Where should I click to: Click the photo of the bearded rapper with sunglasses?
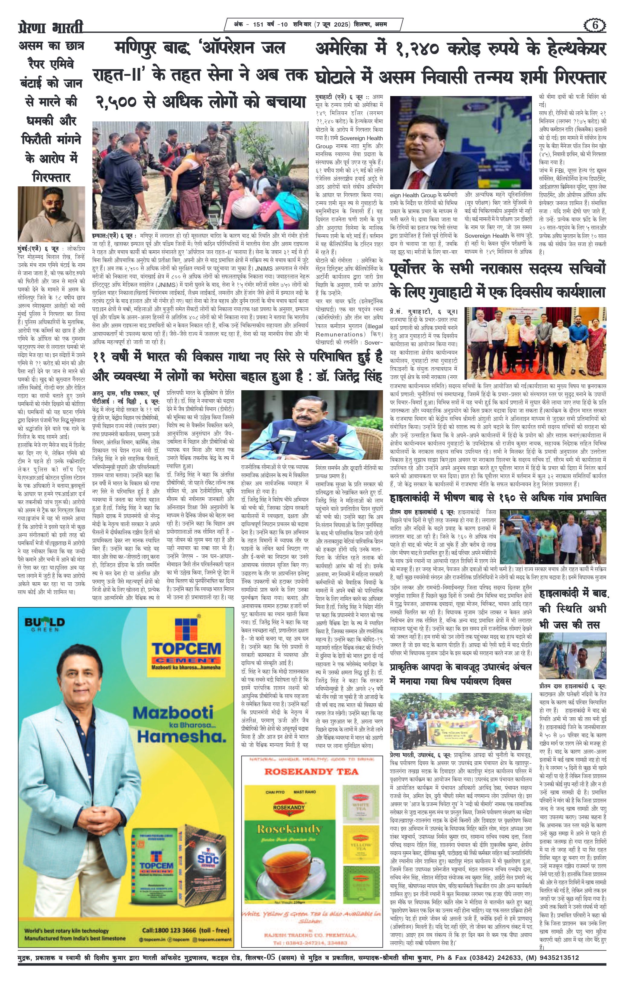tap(51, 214)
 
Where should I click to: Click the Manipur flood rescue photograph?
tap(200, 175)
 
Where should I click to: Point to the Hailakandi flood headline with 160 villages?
tap(498, 498)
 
